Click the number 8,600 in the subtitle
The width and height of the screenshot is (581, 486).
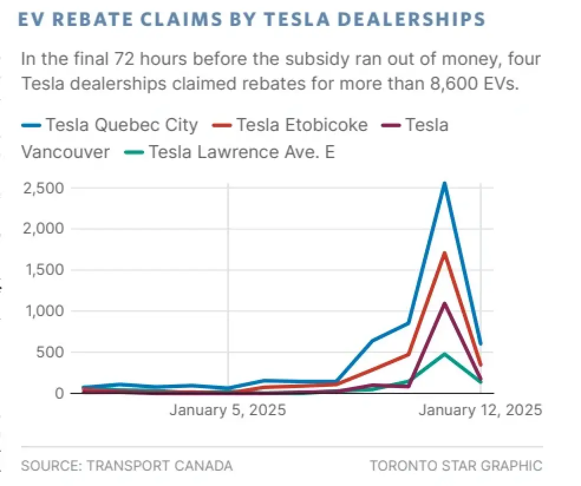click(453, 84)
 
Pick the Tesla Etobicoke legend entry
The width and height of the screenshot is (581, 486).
click(301, 125)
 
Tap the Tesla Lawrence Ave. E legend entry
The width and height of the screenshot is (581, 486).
click(241, 152)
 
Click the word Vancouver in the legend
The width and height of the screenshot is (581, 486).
click(66, 152)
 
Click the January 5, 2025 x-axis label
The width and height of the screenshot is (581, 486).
click(227, 410)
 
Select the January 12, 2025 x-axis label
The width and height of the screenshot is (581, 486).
click(479, 410)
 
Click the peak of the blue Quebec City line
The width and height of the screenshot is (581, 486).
click(444, 183)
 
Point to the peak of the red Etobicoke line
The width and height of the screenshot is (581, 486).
click(444, 254)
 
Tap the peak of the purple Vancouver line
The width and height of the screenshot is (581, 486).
click(444, 304)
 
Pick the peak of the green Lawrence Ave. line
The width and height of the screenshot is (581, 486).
click(444, 354)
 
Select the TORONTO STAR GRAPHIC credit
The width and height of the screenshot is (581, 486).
click(455, 465)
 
